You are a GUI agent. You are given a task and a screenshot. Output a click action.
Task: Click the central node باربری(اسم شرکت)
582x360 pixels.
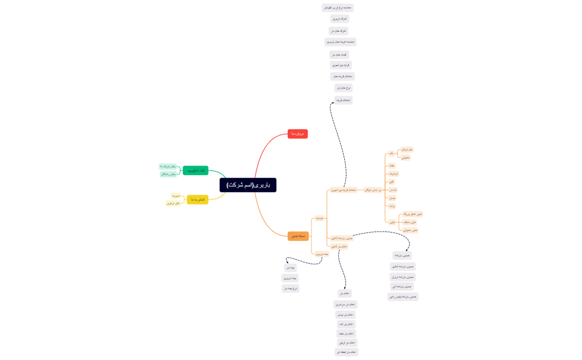click(x=248, y=185)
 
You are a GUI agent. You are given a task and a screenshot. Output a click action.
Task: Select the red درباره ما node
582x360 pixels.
click(x=298, y=134)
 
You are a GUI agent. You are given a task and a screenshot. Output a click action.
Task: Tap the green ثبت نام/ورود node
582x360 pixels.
click(x=196, y=171)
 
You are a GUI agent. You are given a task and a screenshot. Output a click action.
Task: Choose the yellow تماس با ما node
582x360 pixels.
click(x=197, y=199)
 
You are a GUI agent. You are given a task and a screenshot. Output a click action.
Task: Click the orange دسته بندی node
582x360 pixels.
click(x=298, y=236)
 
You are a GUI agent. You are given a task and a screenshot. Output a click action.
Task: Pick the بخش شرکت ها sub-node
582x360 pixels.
click(x=168, y=166)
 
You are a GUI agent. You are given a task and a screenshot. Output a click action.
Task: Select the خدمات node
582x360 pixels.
click(x=319, y=218)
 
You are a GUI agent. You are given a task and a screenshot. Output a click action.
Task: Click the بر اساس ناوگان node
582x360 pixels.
click(x=372, y=190)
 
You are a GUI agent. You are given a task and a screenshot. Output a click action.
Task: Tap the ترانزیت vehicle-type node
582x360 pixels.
click(x=392, y=174)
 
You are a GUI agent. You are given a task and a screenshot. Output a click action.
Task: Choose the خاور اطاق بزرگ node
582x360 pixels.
click(x=412, y=214)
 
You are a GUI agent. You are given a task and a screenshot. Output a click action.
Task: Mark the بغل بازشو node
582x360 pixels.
click(x=407, y=150)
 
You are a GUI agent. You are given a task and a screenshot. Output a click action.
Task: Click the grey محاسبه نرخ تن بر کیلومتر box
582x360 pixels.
click(x=338, y=8)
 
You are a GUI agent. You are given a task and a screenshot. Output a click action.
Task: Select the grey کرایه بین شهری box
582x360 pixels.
click(x=341, y=65)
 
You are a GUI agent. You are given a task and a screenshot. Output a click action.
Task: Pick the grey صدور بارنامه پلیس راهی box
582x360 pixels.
click(x=403, y=297)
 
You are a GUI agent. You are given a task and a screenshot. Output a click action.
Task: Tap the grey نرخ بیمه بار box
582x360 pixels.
click(x=290, y=289)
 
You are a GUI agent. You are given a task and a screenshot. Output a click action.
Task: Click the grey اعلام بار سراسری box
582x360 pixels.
click(x=345, y=305)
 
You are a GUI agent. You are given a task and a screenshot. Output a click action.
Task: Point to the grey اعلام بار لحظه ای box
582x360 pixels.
click(x=346, y=352)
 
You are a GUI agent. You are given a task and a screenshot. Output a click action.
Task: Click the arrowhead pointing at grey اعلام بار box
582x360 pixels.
click(x=345, y=288)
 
